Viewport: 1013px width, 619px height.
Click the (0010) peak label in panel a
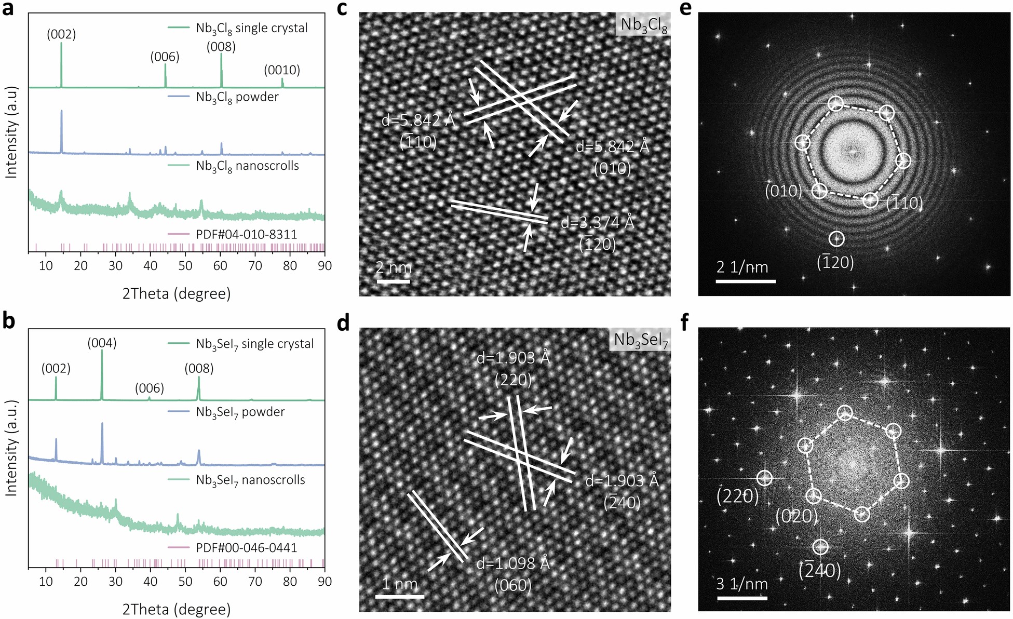[282, 70]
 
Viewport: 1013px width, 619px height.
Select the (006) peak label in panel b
[150, 388]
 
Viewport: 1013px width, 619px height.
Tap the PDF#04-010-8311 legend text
[246, 234]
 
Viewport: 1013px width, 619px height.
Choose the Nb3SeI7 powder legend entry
[240, 412]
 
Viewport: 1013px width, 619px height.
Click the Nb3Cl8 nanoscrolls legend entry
[247, 166]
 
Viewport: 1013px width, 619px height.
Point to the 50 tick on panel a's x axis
[185, 265]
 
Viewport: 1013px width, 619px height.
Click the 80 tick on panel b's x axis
[290, 581]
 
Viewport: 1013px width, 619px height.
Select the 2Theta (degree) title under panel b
[177, 609]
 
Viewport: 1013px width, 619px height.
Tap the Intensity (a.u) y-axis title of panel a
[11, 132]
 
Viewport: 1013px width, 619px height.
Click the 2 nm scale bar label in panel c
[393, 267]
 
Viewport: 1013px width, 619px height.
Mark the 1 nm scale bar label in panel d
[399, 584]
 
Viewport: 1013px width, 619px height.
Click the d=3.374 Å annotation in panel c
[597, 223]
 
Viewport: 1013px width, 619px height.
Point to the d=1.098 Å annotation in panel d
[513, 563]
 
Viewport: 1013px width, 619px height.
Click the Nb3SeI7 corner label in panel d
[641, 340]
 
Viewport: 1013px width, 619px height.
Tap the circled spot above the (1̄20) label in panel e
[836, 239]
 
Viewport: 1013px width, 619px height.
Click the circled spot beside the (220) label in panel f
[764, 478]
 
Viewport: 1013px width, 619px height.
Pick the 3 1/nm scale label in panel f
[741, 584]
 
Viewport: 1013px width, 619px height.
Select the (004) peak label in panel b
[102, 343]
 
